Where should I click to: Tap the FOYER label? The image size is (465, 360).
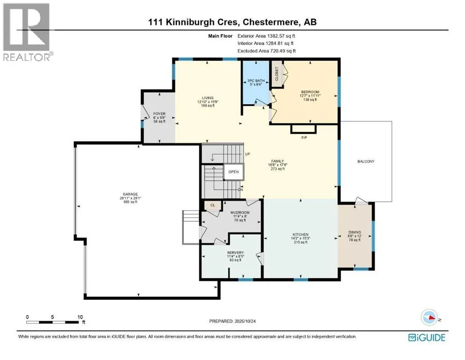coord(160,113)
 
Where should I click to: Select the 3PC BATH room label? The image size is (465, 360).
coord(256,81)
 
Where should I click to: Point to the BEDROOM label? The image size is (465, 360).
coord(310,92)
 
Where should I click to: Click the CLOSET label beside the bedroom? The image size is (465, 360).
coord(277,75)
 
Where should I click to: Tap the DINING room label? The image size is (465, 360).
coord(354,232)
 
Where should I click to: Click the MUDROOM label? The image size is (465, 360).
coord(240,212)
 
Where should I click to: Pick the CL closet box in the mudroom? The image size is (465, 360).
coord(212,205)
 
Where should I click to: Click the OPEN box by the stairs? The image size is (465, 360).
coord(234,172)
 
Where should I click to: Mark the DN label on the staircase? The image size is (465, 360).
coord(240,190)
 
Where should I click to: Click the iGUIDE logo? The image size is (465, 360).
coord(427,337)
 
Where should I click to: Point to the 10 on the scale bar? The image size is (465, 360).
coord(80,316)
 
